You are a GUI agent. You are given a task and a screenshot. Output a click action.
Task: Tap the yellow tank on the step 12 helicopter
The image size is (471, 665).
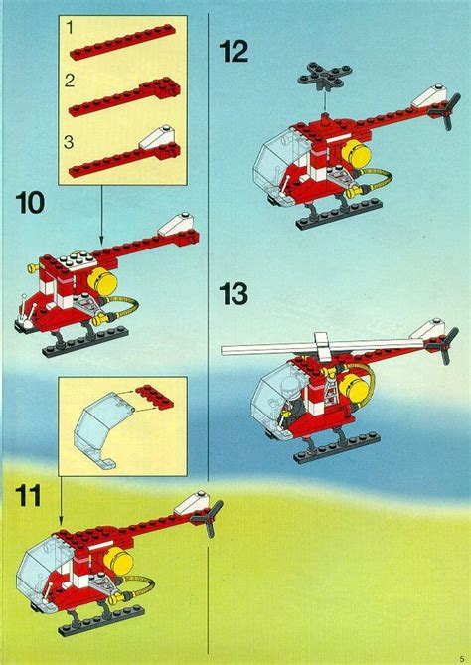355,152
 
